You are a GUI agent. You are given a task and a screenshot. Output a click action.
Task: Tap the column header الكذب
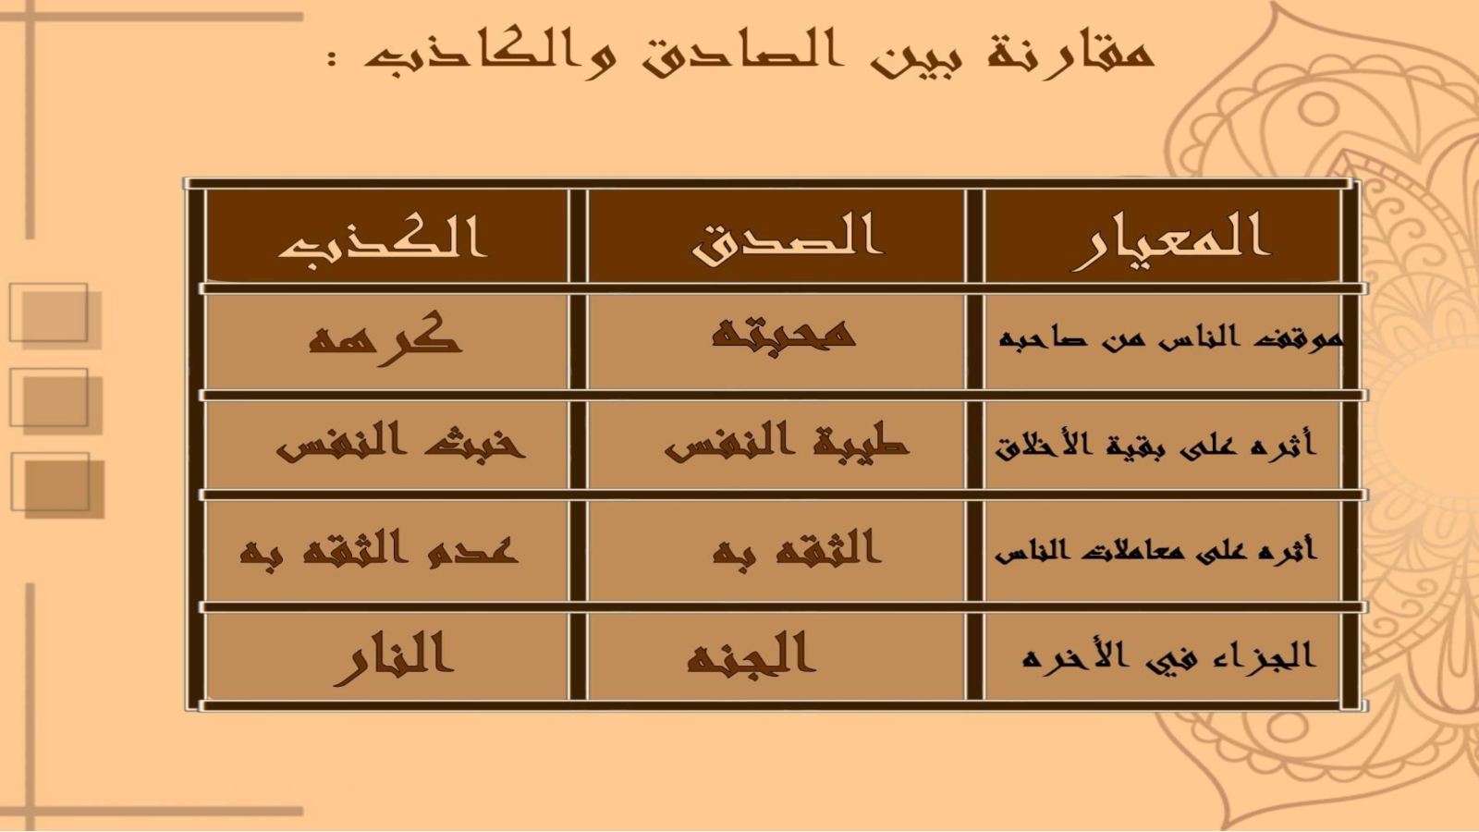pyautogui.click(x=383, y=237)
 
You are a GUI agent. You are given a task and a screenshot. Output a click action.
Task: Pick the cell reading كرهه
pyautogui.click(x=385, y=339)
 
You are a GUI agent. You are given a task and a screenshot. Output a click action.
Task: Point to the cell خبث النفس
pyautogui.click(x=400, y=441)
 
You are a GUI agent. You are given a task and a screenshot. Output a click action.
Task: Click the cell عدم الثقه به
pyautogui.click(x=379, y=549)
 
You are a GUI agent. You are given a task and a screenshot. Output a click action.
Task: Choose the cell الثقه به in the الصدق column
pyautogui.click(x=796, y=549)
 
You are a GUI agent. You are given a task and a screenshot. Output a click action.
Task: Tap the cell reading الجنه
pyautogui.click(x=752, y=653)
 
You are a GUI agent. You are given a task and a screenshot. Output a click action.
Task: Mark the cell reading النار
pyautogui.click(x=394, y=658)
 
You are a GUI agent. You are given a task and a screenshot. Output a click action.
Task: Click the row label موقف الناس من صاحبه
pyautogui.click(x=1170, y=338)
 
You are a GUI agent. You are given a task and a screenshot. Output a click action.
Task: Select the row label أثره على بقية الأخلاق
pyautogui.click(x=1155, y=445)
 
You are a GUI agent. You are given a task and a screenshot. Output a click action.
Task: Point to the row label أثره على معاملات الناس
pyautogui.click(x=1155, y=550)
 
